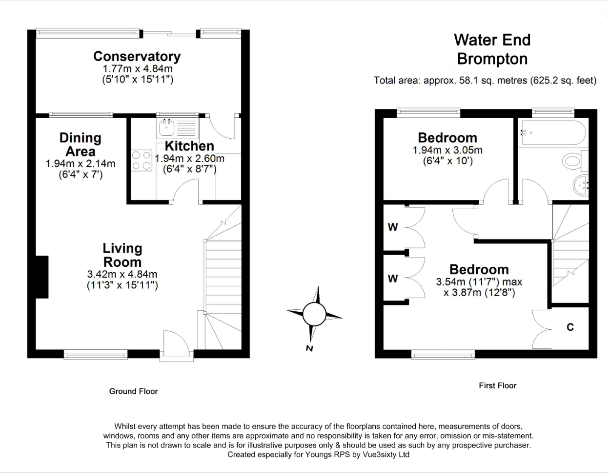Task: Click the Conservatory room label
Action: click(137, 57)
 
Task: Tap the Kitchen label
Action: click(189, 146)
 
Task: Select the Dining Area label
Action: click(81, 145)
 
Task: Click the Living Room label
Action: click(122, 255)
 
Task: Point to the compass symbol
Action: click(314, 314)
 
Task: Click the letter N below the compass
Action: click(309, 348)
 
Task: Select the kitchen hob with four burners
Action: click(142, 160)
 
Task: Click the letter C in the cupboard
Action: click(570, 327)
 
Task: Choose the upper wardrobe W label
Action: click(393, 227)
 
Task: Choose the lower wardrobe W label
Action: click(393, 279)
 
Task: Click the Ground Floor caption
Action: click(133, 391)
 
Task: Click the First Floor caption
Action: click(497, 386)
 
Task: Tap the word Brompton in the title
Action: click(492, 59)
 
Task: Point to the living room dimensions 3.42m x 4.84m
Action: click(122, 275)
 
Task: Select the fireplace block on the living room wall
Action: click(42, 277)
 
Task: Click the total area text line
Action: click(485, 80)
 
